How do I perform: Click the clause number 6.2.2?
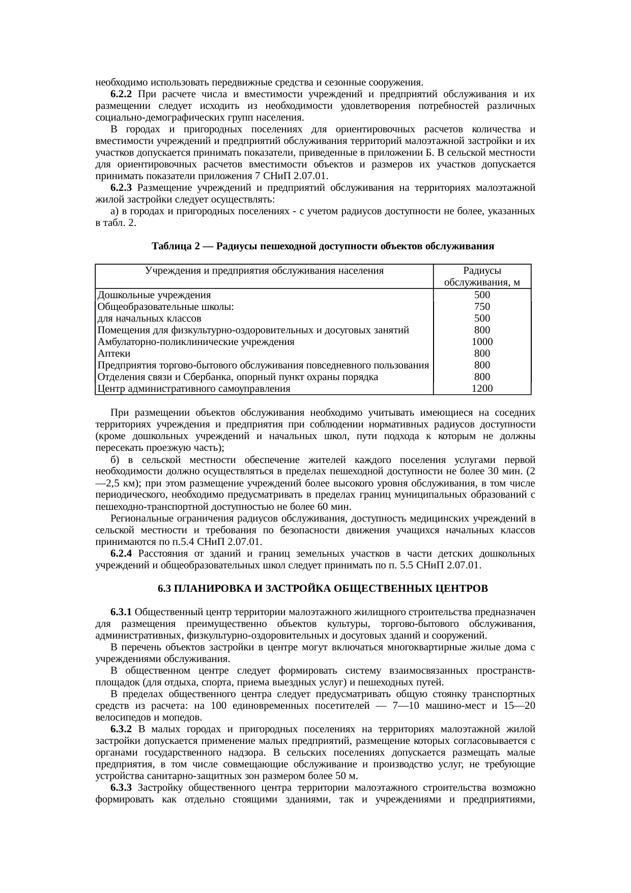121,94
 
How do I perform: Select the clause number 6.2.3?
121,188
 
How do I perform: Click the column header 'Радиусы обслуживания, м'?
481,277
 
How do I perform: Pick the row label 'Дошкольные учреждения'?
154,295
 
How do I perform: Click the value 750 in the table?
481,307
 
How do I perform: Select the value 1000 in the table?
481,342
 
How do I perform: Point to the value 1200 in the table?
481,389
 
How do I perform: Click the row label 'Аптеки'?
114,354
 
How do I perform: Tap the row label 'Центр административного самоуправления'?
193,389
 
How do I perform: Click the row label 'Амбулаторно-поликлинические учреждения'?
195,342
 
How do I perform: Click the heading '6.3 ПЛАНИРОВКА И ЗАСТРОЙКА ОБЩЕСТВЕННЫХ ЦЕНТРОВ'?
323,589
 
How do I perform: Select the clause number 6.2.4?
121,554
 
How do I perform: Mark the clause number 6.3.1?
121,611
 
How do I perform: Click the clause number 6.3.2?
121,729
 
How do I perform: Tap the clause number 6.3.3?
121,788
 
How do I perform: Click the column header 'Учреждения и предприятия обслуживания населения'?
264,271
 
